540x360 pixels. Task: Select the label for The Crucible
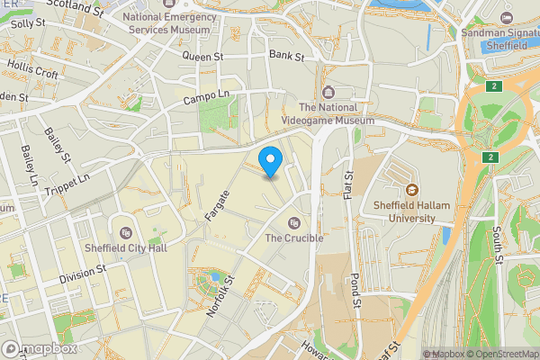pos(293,238)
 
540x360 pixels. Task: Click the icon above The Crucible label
pos(292,223)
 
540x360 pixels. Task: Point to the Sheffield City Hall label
pos(125,247)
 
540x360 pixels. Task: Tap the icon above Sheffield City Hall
pos(125,232)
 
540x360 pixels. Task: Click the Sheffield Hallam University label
pos(410,211)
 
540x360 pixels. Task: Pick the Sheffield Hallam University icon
pos(412,189)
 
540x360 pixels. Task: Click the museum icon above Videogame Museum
pos(328,92)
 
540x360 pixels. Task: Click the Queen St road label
pos(202,56)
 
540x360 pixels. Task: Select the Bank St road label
pos(286,57)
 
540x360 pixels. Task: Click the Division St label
pos(83,274)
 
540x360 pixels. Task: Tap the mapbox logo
pos(40,348)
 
